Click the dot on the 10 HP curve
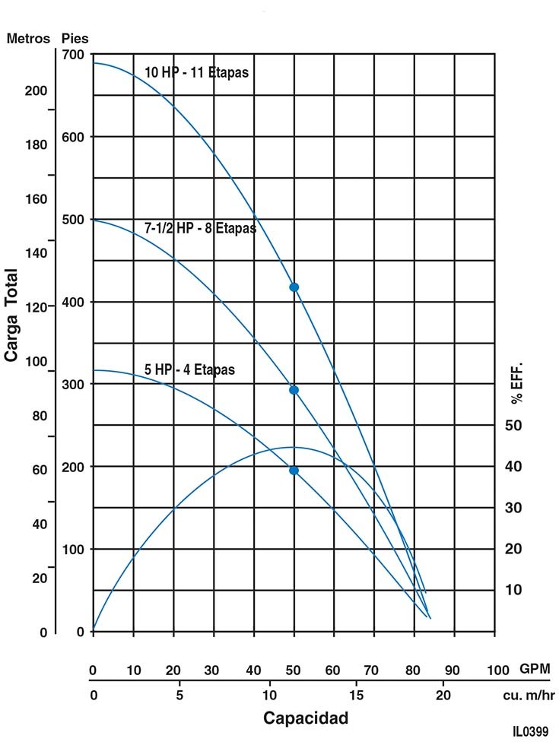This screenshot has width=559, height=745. (294, 287)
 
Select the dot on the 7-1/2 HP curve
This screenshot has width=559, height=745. (294, 390)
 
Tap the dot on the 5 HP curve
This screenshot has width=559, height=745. (294, 470)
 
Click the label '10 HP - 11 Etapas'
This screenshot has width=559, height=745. (197, 73)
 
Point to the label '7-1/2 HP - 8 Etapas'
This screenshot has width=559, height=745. (200, 227)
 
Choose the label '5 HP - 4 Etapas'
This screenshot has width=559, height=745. (189, 370)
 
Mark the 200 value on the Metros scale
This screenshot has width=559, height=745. (35, 90)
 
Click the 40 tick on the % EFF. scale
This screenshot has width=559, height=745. (515, 466)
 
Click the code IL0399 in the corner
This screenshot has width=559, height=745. (530, 731)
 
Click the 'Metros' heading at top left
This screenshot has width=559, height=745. (28, 38)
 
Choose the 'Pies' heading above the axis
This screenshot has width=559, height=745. (75, 38)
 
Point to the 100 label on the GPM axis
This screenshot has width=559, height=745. (497, 670)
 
